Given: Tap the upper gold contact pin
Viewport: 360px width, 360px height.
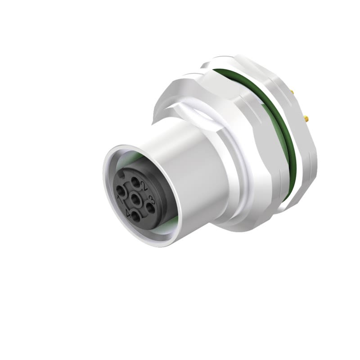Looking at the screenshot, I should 293,92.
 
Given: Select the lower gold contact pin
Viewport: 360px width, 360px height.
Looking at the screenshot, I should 307,120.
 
